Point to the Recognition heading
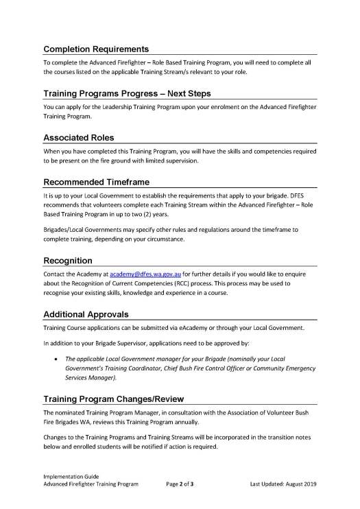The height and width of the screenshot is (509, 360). (68, 261)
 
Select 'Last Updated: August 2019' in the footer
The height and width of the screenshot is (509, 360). (283, 484)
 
